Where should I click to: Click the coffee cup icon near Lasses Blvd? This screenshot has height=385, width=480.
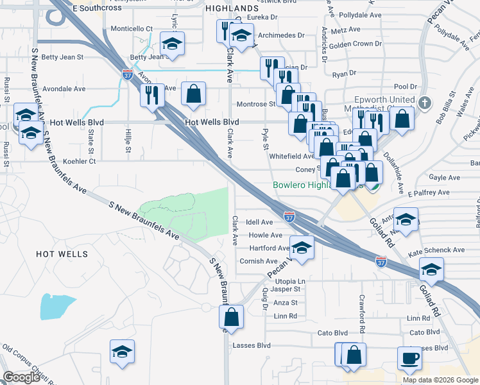click(410, 358)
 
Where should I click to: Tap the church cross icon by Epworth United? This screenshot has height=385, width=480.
click(424, 103)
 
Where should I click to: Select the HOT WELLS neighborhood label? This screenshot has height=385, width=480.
click(62, 254)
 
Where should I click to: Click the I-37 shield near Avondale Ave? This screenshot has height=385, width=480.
click(128, 75)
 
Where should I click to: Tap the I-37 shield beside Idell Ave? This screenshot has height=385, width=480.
click(289, 218)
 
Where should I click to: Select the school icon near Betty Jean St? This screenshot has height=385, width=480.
click(171, 44)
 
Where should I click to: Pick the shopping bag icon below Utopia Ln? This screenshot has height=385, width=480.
click(231, 317)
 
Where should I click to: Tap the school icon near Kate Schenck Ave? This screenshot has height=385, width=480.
click(431, 269)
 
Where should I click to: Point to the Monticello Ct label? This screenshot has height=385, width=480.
click(132, 29)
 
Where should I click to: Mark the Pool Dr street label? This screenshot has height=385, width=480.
click(406, 87)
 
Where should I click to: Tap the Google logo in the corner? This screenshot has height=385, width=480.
click(22, 377)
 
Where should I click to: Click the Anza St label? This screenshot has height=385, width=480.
click(286, 302)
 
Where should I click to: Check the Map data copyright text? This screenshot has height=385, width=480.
click(440, 380)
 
